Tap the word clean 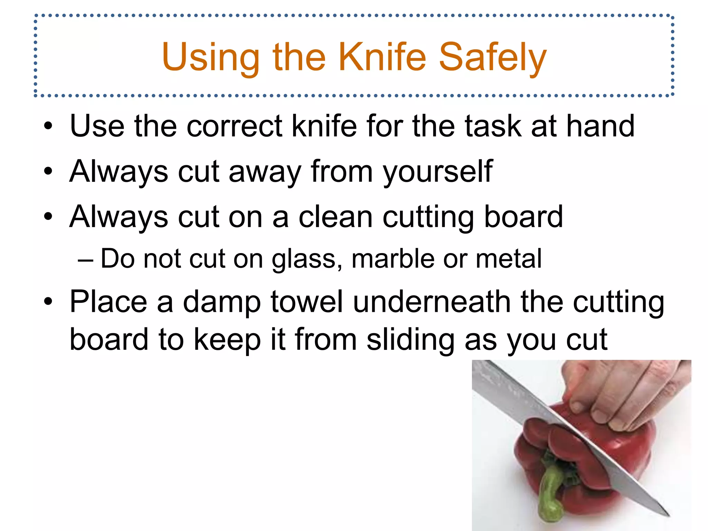335,217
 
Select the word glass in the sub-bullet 306,259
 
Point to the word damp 222,302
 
